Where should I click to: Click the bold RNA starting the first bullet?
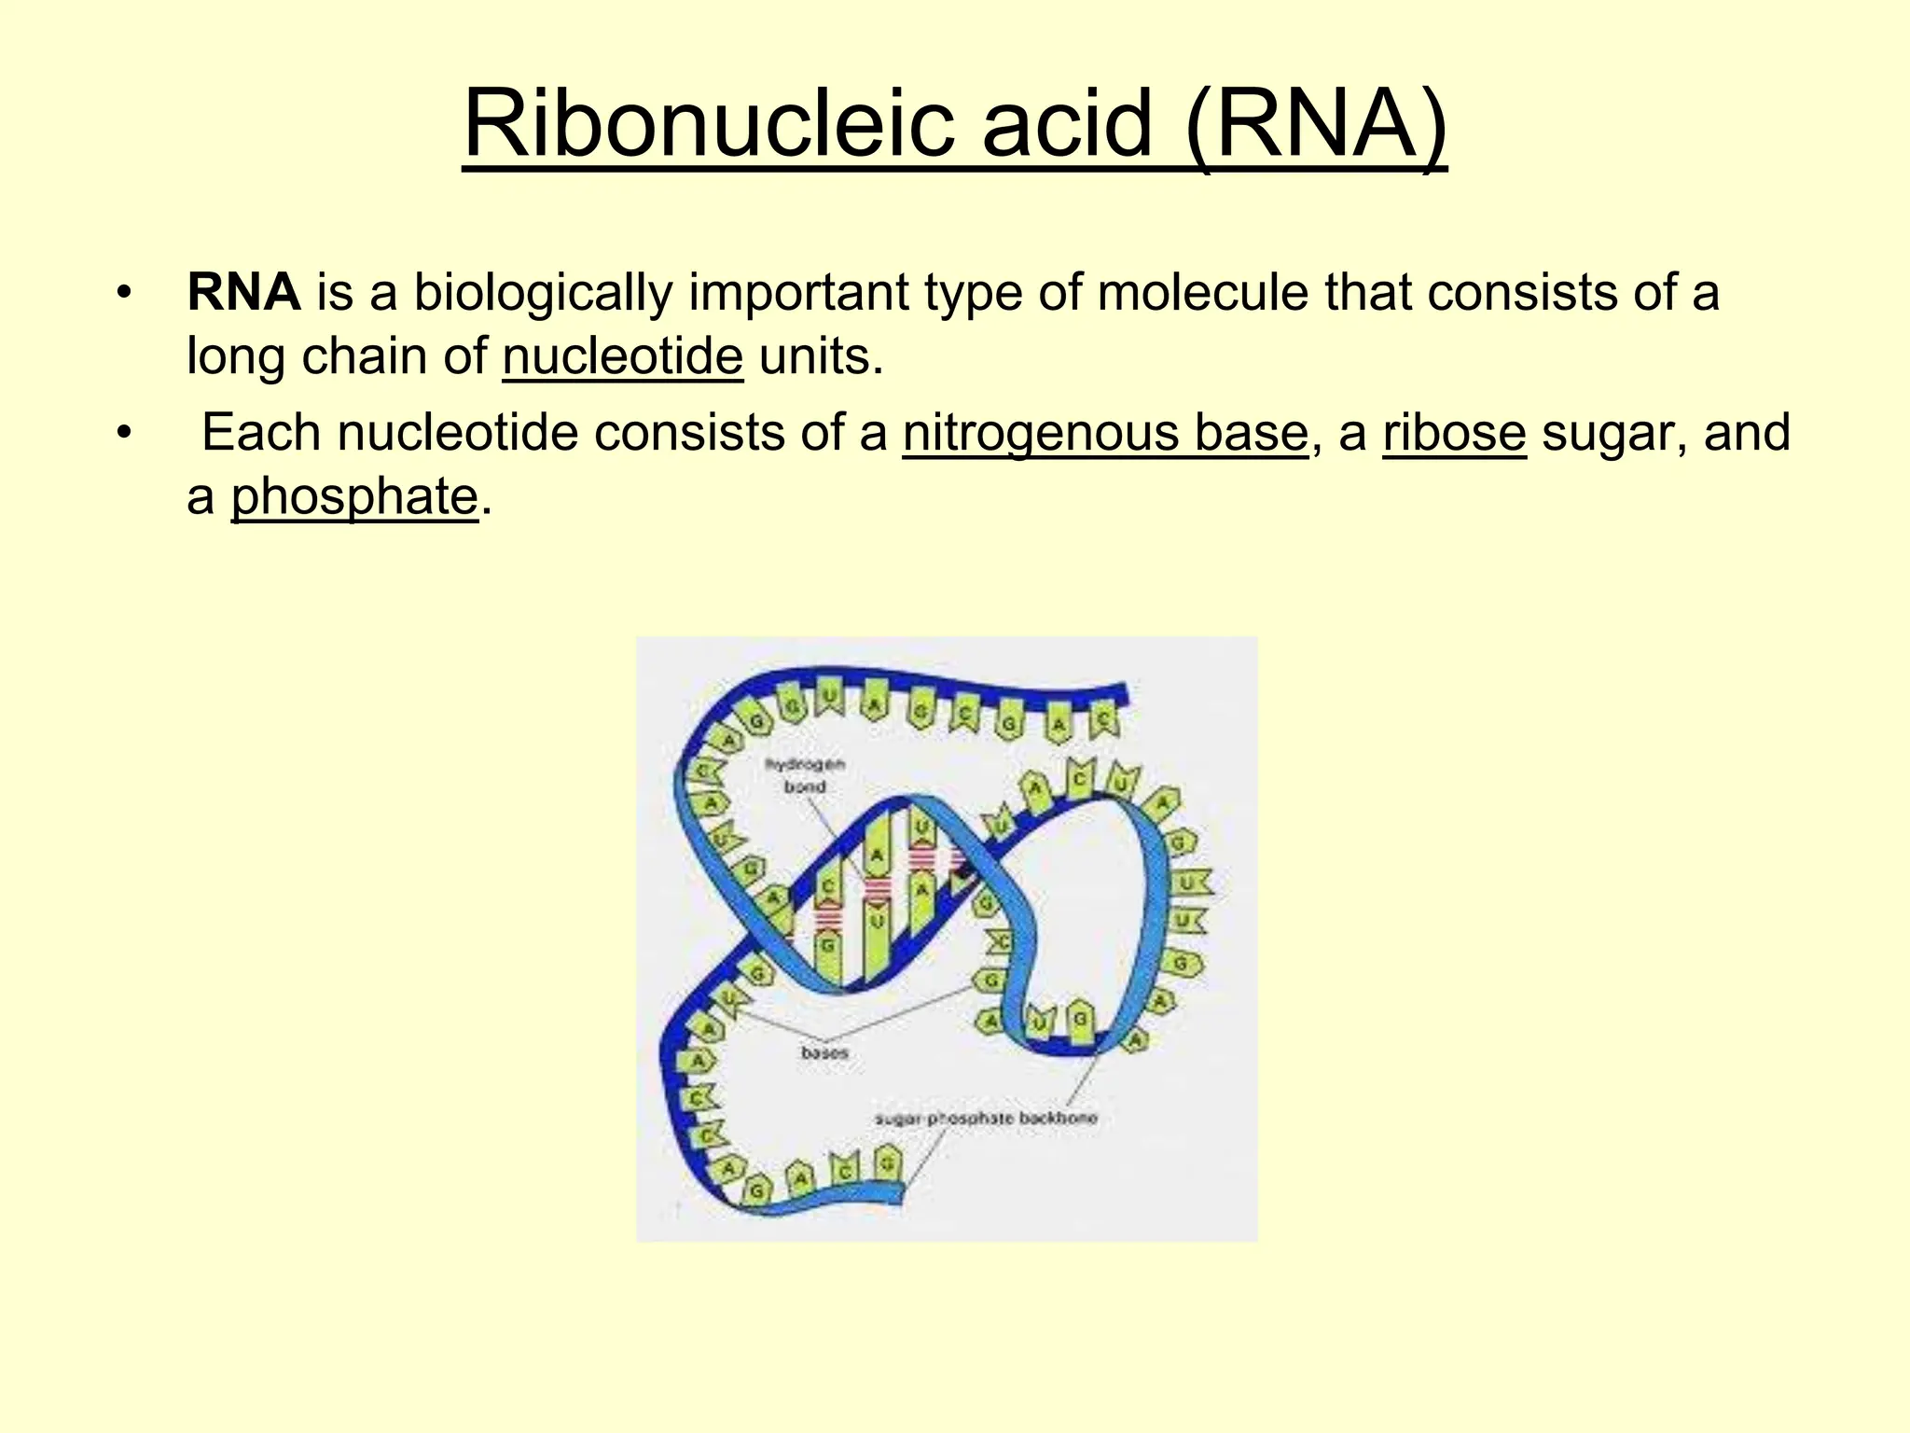tap(243, 292)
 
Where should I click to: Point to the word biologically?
tap(542, 292)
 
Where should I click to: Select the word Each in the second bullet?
tap(261, 433)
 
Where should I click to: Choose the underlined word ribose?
tap(1454, 433)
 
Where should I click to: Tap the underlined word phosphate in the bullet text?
tap(353, 496)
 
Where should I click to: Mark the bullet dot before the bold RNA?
tap(122, 292)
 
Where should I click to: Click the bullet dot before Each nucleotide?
tap(122, 433)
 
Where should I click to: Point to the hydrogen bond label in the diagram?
tap(805, 775)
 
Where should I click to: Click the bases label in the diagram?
tap(824, 1053)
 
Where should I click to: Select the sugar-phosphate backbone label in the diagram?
tap(986, 1118)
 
